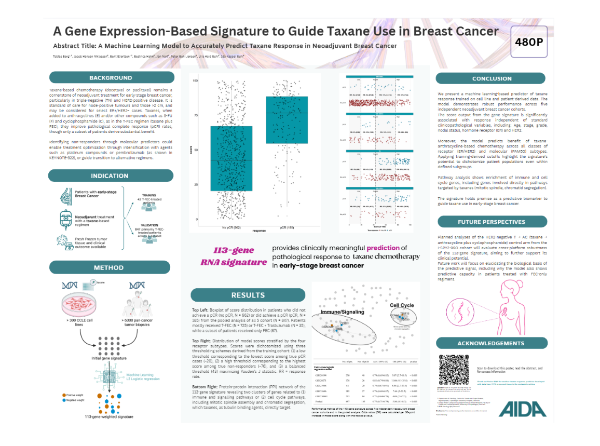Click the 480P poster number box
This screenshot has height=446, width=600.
coord(529,42)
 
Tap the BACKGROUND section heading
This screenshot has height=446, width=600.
coord(111,78)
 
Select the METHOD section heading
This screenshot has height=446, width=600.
coord(108,267)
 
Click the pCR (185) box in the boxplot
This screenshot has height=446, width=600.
coord(287,120)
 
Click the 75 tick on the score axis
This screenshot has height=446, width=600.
coord(195,116)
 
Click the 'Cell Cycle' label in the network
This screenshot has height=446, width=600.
coord(402,305)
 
